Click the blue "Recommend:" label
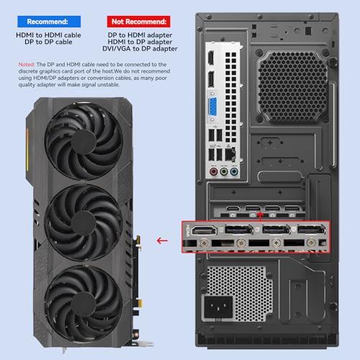pos(49,22)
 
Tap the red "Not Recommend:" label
pos(139,22)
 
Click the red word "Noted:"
pos(27,65)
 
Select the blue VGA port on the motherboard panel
pos(212,107)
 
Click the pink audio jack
pos(213,172)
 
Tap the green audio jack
pos(224,172)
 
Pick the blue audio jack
pos(234,172)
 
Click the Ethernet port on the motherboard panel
pos(230,154)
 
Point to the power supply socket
pos(218,307)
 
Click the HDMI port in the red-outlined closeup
pos(204,230)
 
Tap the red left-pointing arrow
pos(162,240)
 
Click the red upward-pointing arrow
pos(260,216)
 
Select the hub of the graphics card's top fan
pos(84,142)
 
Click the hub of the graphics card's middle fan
pos(84,223)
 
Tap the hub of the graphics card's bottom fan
pos(84,304)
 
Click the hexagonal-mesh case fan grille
pos(293,86)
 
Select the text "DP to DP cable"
pos(48,42)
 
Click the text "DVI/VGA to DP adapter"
pos(140,49)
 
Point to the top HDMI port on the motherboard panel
pos(211,58)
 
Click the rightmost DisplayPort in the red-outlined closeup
pos(311,230)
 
